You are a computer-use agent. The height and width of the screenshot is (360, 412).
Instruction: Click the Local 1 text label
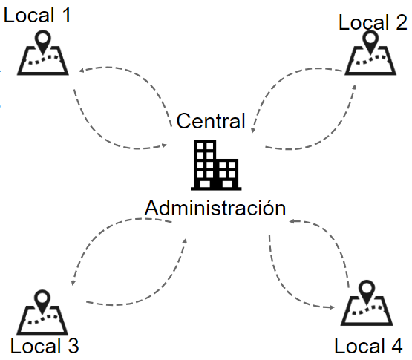[37, 15]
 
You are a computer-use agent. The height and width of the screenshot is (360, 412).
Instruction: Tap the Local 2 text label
[373, 22]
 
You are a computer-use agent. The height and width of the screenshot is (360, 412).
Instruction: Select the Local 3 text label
[45, 346]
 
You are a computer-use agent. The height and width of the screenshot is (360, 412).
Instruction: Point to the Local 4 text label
[369, 346]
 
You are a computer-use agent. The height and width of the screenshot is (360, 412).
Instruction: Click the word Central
[211, 121]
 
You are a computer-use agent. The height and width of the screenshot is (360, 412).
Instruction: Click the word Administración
[215, 208]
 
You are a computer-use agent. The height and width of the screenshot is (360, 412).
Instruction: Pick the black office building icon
[216, 165]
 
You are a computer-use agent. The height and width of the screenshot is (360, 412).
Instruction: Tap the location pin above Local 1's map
[43, 42]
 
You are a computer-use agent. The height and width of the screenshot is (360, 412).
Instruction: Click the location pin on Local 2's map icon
[370, 42]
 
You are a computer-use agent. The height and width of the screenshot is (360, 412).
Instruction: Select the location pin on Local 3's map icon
[42, 302]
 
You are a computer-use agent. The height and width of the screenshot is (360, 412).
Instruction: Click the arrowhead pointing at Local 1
[82, 71]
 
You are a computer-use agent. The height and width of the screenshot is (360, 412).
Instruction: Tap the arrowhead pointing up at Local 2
[354, 88]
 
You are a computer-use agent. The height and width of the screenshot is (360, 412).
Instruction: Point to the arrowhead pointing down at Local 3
[73, 283]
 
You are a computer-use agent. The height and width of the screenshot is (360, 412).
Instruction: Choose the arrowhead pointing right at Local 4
[332, 307]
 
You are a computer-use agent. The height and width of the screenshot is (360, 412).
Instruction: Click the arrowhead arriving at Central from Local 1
[165, 145]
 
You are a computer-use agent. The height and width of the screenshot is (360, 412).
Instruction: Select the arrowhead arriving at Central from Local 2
[253, 131]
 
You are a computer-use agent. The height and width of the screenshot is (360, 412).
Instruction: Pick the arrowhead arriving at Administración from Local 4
[292, 221]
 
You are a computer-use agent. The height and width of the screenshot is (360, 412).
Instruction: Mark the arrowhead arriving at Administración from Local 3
[185, 241]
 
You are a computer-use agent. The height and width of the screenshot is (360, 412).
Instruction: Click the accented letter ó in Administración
[269, 208]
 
